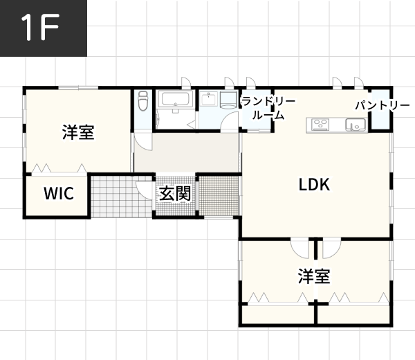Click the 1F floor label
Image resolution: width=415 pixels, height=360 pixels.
[43, 28]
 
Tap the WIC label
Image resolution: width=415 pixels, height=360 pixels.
[59, 194]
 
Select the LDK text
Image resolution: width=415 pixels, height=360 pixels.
[314, 185]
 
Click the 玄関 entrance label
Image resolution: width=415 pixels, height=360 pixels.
[175, 193]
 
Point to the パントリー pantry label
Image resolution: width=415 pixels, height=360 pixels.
[382, 106]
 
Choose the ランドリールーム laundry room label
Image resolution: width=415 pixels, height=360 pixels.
[268, 109]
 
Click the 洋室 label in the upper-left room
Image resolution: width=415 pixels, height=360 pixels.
[78, 132]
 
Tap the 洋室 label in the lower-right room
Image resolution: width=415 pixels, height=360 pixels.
[314, 277]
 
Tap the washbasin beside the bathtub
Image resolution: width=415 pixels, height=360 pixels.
[209, 100]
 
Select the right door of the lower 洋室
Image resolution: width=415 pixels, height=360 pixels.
[331, 247]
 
